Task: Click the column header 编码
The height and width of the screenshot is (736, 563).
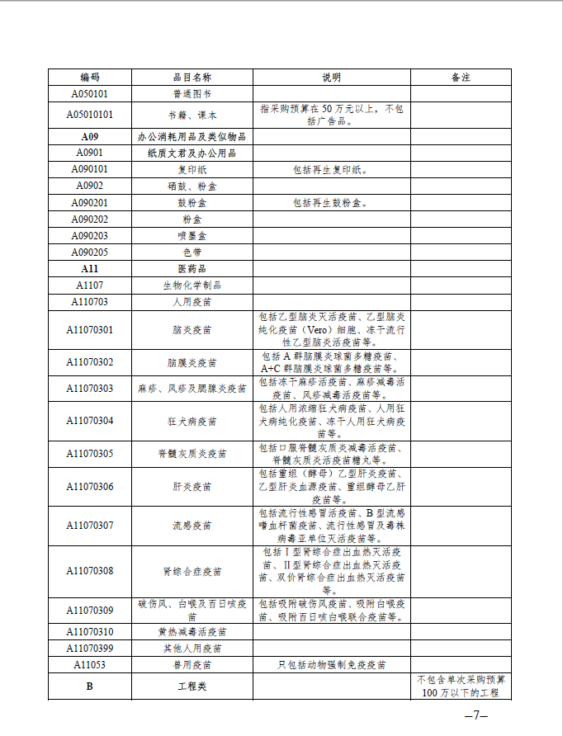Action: coord(89,78)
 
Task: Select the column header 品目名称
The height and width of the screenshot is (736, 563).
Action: coord(192,78)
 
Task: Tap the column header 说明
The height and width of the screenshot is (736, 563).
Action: coord(330,78)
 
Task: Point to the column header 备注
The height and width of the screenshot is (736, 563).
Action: coord(461,78)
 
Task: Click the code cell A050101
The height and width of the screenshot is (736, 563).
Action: coord(89,94)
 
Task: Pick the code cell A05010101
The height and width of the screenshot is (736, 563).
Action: coord(89,115)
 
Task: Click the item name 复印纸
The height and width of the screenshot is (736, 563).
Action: coord(192,169)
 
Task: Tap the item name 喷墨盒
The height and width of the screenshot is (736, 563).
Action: coord(192,235)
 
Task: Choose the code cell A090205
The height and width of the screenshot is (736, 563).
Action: coord(89,252)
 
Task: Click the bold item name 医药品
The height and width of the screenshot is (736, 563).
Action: coord(192,268)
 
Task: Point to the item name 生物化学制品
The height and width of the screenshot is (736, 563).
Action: coord(192,285)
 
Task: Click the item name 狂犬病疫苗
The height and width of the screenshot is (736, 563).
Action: coord(192,421)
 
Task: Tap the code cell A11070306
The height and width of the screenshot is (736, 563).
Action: coord(89,487)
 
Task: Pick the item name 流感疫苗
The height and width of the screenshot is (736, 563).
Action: coord(192,525)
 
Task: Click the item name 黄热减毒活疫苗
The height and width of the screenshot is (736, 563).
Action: coord(192,631)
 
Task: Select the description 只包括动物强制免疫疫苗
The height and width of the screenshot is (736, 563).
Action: coord(330,664)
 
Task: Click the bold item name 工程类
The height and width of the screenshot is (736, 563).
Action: coord(192,686)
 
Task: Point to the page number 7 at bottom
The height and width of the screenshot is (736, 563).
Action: coord(476,715)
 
